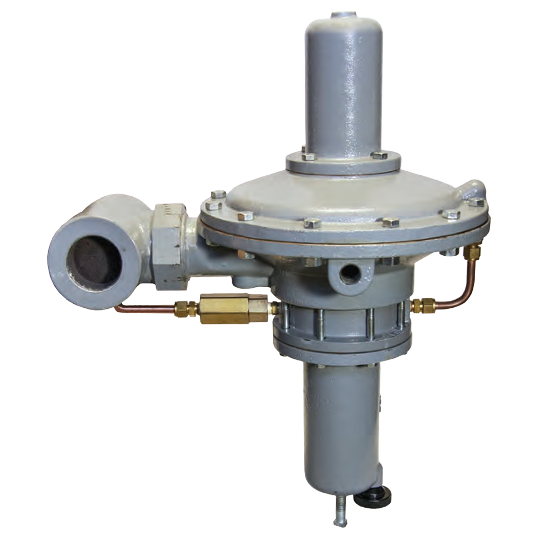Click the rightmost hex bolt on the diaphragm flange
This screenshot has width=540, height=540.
point(477,202)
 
